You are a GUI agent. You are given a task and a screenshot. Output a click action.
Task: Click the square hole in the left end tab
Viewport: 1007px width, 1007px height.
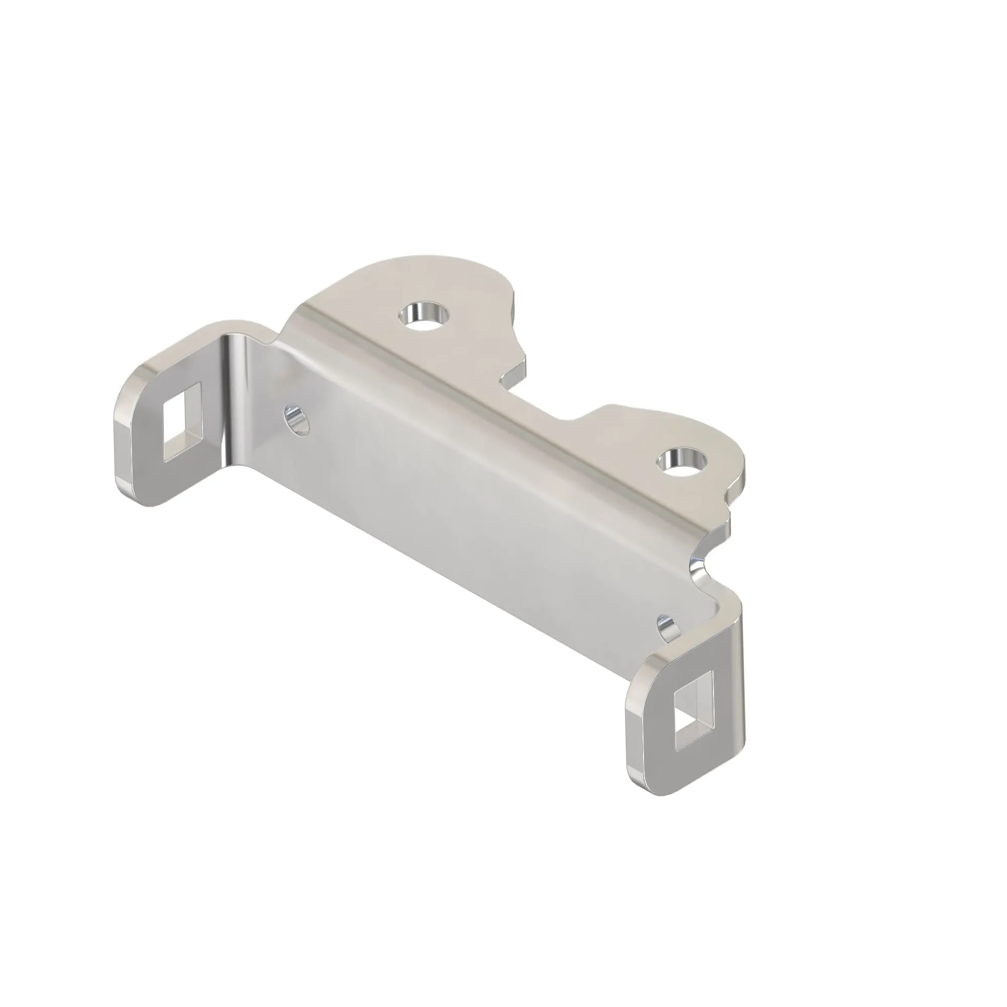tap(181, 423)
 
